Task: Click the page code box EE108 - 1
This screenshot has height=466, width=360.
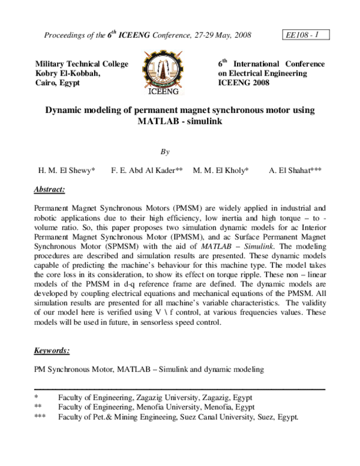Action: [304, 35]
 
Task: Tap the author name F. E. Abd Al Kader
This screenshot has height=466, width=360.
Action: [146, 171]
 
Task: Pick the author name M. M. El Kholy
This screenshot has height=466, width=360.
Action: [221, 171]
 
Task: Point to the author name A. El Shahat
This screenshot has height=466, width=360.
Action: [295, 171]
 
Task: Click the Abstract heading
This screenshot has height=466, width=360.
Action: [49, 190]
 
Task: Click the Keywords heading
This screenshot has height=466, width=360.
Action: [52, 350]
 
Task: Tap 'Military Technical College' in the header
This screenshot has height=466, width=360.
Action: [82, 64]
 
